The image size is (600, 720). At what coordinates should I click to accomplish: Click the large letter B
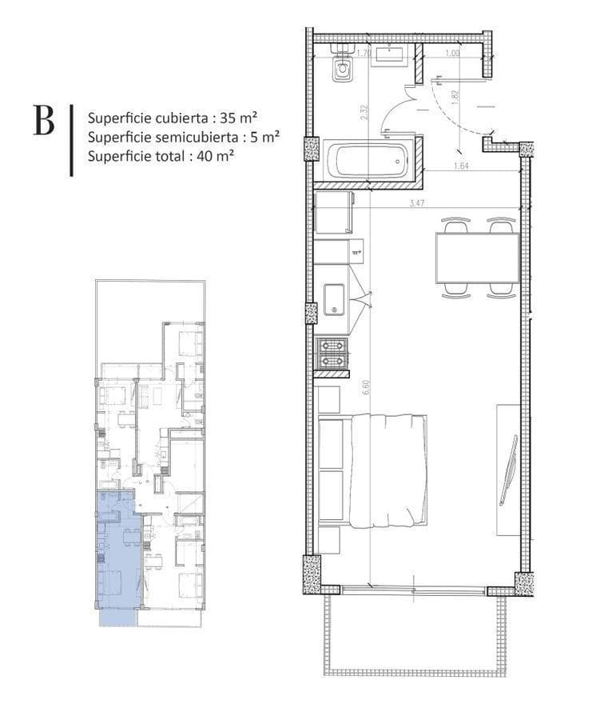click(44, 120)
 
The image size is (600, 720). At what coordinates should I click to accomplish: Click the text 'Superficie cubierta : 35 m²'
click(177, 116)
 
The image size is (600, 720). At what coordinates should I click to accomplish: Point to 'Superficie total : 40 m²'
click(161, 156)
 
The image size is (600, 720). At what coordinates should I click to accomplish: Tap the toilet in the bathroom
click(344, 66)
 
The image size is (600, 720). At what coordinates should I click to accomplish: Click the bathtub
click(368, 161)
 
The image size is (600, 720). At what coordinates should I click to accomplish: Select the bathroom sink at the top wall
click(391, 54)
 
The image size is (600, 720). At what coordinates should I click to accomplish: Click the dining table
click(477, 258)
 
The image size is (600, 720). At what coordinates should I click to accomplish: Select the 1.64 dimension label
click(460, 166)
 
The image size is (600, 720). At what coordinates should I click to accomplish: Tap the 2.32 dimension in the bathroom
click(364, 113)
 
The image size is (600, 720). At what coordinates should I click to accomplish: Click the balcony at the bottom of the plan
click(415, 632)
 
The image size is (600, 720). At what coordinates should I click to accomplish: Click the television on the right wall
click(508, 470)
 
